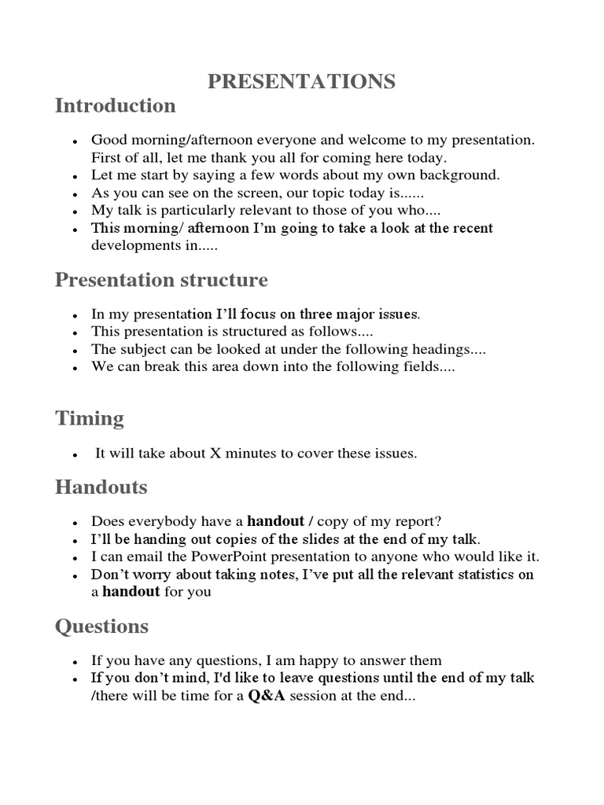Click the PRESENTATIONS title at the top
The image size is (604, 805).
click(x=301, y=82)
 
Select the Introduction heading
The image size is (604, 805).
click(x=115, y=105)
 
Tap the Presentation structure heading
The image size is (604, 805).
click(x=161, y=280)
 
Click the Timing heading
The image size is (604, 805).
click(x=90, y=418)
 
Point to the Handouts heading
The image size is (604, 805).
click(x=101, y=487)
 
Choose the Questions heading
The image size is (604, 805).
click(x=101, y=627)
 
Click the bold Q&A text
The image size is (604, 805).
click(x=267, y=696)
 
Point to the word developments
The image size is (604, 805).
click(x=131, y=245)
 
